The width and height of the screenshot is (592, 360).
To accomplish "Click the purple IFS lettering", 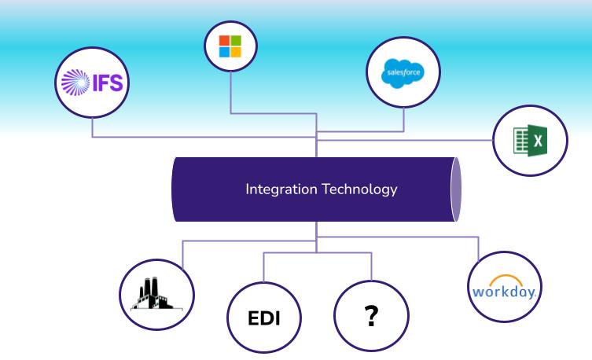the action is click(108, 83).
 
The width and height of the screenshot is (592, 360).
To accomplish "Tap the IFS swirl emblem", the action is click(75, 83).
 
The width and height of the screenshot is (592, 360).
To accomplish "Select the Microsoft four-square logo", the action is click(230, 46).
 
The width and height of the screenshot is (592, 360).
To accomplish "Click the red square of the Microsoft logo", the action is click(224, 40).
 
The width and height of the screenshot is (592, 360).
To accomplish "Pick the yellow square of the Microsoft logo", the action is click(236, 52).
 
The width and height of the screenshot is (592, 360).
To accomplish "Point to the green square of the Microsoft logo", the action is click(236, 40).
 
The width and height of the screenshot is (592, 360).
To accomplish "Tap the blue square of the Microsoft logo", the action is click(224, 52).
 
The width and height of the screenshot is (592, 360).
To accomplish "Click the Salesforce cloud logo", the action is click(403, 73).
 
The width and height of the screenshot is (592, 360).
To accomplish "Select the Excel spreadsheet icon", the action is click(531, 141).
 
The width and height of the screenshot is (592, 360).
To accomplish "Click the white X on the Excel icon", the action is click(538, 141).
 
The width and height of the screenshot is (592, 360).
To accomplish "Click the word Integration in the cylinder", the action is click(281, 189).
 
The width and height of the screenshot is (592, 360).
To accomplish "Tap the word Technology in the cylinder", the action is click(359, 189).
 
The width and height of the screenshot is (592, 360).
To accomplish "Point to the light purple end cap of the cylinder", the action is click(456, 189).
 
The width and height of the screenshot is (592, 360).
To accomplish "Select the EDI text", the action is click(264, 318).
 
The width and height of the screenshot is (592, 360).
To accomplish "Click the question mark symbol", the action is click(372, 316).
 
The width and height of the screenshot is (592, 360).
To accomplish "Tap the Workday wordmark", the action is click(505, 292).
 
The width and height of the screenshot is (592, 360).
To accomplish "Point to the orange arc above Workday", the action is click(506, 279).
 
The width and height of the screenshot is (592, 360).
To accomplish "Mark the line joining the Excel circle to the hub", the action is click(405, 140).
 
